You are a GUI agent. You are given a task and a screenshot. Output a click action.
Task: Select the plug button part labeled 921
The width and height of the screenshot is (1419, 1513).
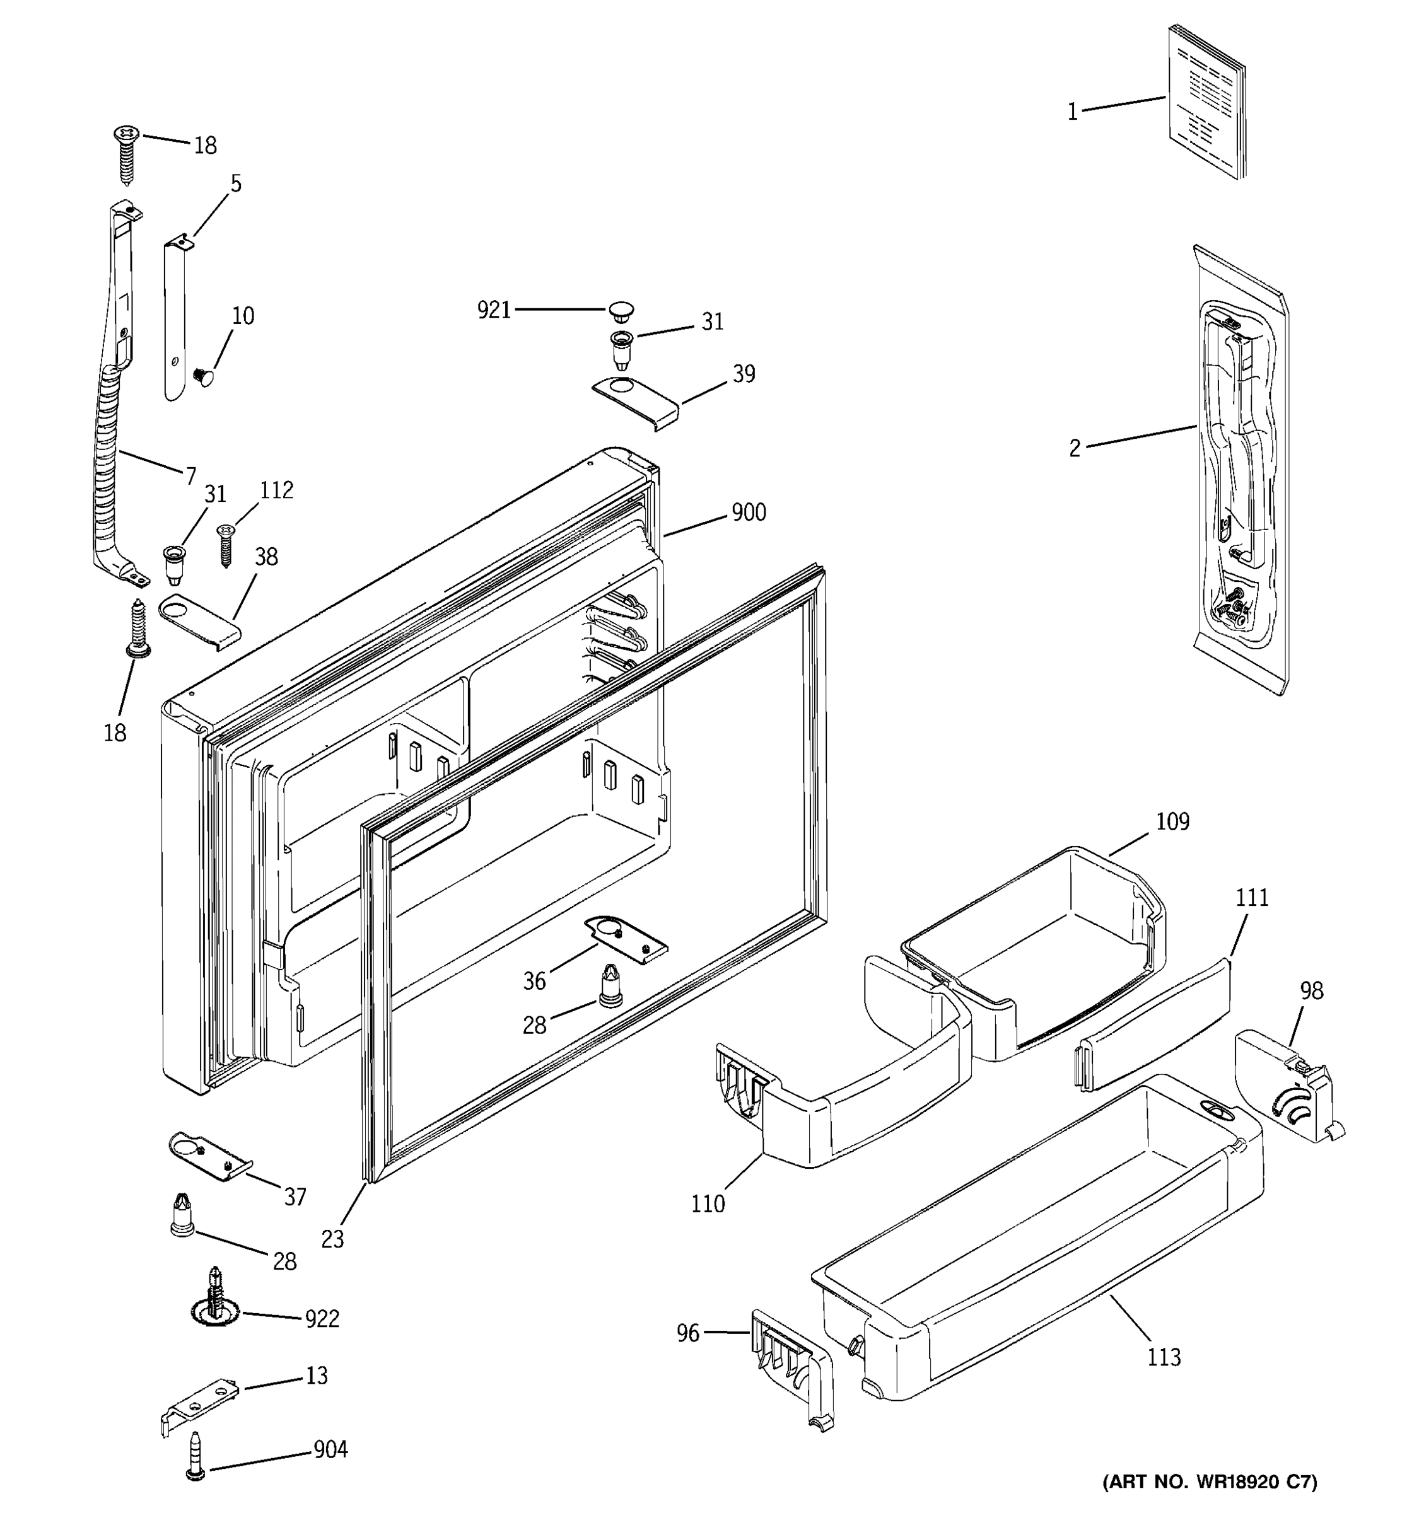pyautogui.click(x=621, y=311)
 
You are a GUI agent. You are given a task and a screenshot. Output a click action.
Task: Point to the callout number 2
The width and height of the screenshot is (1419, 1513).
pyautogui.click(x=1074, y=449)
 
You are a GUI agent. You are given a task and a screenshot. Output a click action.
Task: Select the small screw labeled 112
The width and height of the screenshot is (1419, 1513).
pyautogui.click(x=225, y=545)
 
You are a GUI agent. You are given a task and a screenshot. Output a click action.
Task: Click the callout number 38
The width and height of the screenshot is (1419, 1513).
pyautogui.click(x=266, y=557)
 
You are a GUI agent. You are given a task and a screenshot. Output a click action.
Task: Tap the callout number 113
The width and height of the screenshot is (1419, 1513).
pyautogui.click(x=1164, y=1358)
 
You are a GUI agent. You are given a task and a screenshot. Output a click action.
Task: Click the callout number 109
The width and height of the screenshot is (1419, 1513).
pyautogui.click(x=1172, y=822)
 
